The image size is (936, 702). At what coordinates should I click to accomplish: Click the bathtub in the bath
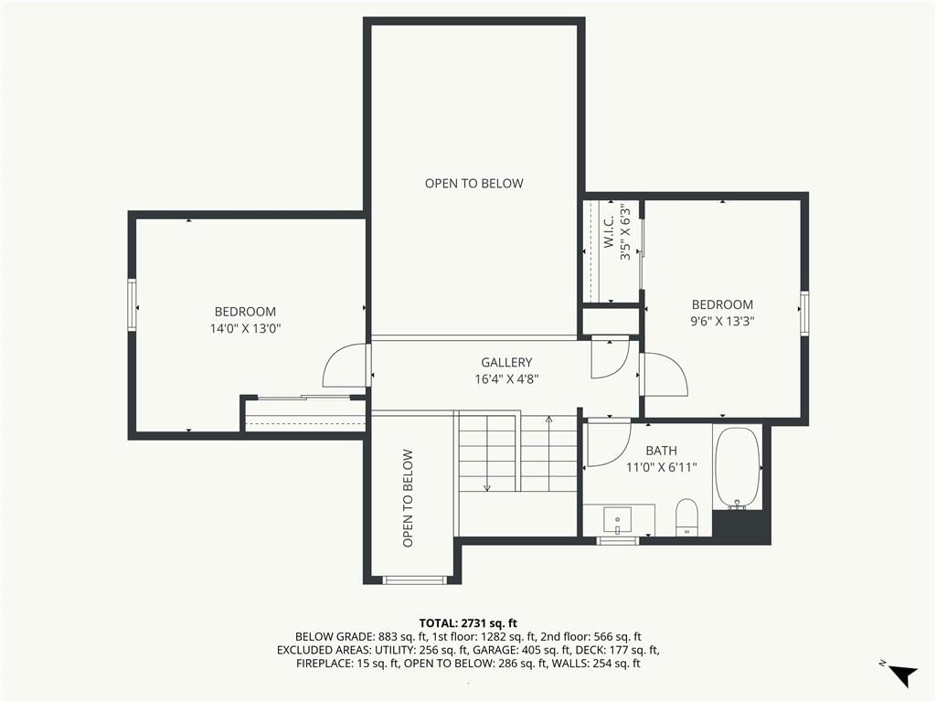click(x=738, y=467)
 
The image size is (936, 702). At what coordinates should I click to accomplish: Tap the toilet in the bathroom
click(x=687, y=517)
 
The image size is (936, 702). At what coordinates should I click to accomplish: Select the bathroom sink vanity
click(x=619, y=520)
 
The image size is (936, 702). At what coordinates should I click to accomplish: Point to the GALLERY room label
click(x=506, y=362)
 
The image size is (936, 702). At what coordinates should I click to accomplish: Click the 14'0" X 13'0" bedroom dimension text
click(x=245, y=328)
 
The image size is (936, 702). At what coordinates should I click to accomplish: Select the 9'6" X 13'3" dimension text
click(x=722, y=321)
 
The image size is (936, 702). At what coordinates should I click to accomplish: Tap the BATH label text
click(x=662, y=451)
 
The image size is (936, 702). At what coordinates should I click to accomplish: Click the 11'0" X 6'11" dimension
click(x=662, y=467)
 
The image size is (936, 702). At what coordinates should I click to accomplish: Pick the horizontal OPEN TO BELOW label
click(x=474, y=184)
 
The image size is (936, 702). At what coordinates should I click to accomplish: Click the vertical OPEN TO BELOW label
click(x=409, y=498)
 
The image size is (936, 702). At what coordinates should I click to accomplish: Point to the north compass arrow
click(x=904, y=675)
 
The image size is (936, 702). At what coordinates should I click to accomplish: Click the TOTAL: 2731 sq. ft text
click(x=468, y=623)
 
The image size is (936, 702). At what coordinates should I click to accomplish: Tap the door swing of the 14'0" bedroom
click(x=344, y=366)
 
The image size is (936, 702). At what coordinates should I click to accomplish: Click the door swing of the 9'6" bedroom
click(x=665, y=373)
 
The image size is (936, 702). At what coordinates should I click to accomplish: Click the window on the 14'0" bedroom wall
click(x=132, y=305)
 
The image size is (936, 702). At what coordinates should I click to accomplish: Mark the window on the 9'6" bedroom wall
click(x=804, y=313)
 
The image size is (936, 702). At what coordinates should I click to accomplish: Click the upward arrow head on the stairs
click(x=548, y=419)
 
